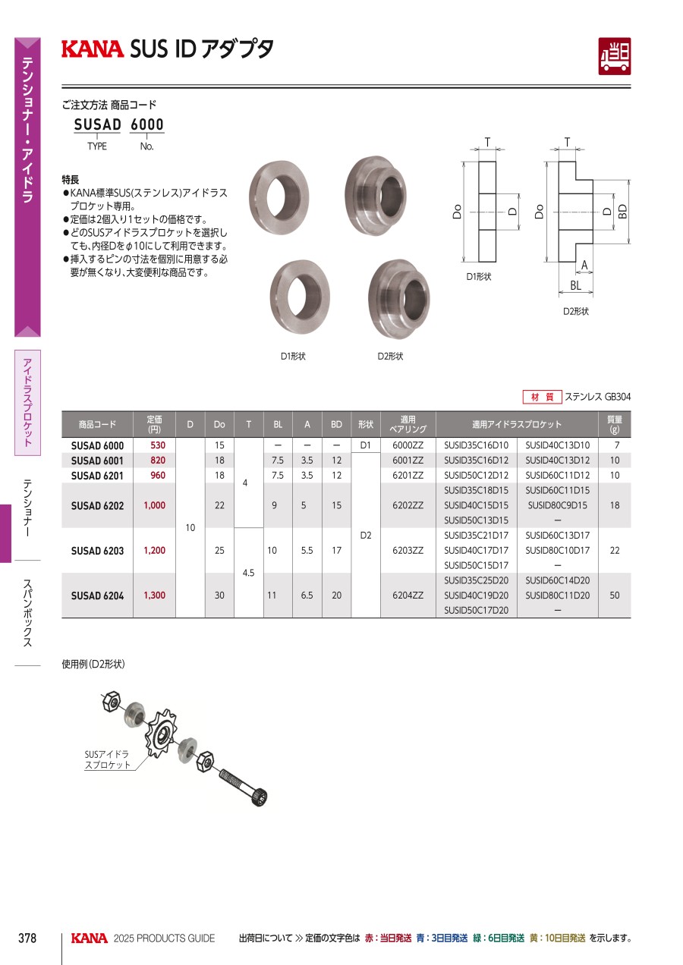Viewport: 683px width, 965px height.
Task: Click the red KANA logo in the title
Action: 93,49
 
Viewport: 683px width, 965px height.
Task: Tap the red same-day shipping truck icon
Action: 615,56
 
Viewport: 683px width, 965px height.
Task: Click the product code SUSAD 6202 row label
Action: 97,505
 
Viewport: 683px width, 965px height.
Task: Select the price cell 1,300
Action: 154,595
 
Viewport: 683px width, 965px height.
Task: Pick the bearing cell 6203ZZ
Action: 408,550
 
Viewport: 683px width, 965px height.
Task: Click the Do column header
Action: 219,424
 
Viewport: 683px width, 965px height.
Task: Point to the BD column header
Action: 336,424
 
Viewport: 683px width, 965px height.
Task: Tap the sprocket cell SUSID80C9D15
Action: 558,505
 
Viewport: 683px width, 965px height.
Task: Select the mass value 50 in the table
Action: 615,595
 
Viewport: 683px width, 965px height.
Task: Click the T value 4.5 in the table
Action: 248,573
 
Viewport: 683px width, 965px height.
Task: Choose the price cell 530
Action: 158,445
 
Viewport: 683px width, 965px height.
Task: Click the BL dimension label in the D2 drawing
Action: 576,285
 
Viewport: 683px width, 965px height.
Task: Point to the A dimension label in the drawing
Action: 584,265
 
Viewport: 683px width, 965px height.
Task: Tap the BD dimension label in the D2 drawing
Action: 623,211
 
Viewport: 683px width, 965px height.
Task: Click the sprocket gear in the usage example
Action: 160,733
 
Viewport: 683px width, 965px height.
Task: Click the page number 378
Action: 27,938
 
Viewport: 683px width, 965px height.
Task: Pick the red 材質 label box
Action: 542,397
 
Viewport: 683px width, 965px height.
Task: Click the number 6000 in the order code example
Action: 147,124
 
